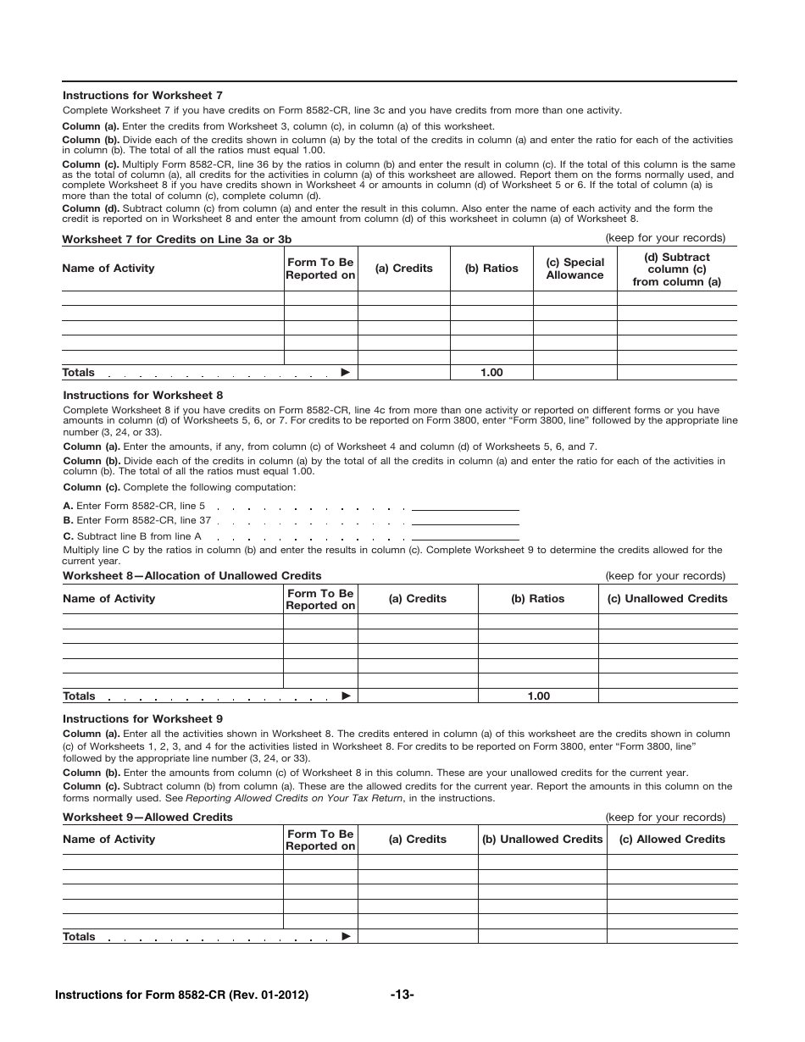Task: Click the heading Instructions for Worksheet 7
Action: tap(142, 96)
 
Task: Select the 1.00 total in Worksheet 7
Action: tap(491, 373)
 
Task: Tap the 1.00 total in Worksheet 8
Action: tap(538, 696)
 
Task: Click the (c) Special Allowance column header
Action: tap(575, 269)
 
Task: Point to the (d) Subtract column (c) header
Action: tap(676, 269)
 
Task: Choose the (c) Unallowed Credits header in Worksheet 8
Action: tap(668, 599)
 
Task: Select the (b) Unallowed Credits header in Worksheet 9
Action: tap(542, 840)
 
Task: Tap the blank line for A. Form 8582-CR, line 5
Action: tap(465, 509)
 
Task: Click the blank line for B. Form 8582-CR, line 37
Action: tap(465, 524)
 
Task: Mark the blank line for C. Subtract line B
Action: tap(465, 539)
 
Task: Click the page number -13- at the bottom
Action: tap(402, 995)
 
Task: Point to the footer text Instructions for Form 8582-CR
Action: tap(180, 995)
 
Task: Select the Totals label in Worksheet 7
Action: tap(79, 373)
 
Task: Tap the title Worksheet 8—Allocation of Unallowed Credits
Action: tap(192, 576)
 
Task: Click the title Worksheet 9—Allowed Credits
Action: tap(147, 818)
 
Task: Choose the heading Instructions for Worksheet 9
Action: tap(143, 719)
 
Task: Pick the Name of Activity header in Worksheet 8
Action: tap(109, 599)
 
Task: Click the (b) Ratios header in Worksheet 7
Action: tap(491, 269)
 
